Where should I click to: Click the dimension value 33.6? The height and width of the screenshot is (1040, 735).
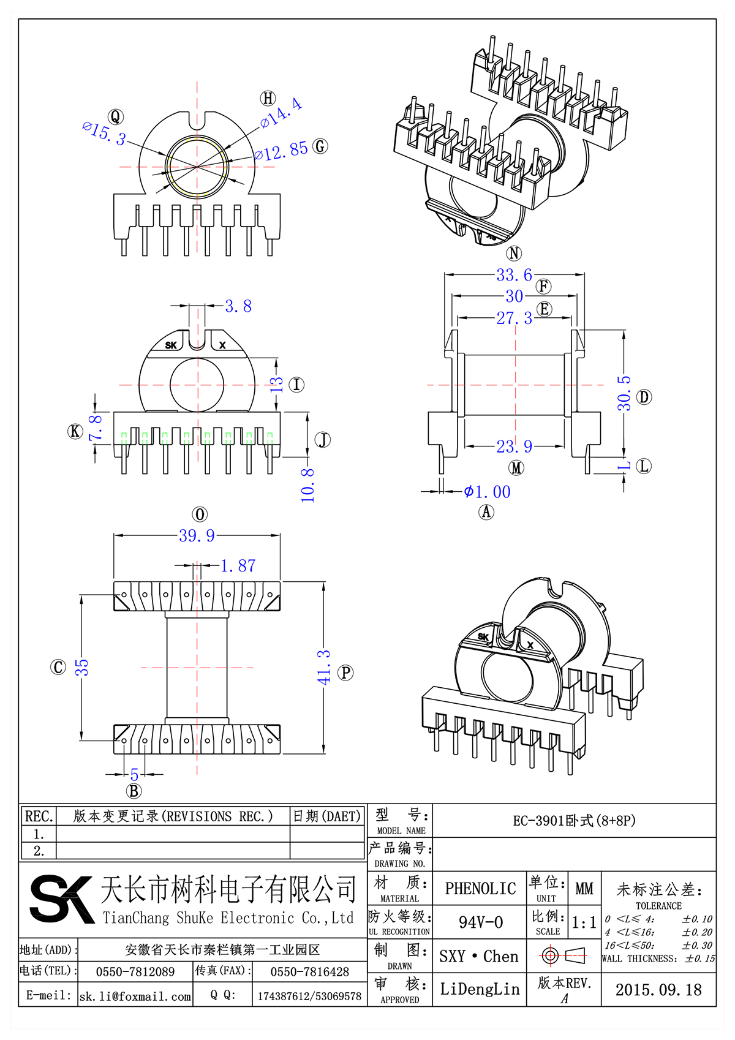514,275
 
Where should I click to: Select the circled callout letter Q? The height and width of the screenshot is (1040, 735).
116,117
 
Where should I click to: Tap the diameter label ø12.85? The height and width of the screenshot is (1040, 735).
281,151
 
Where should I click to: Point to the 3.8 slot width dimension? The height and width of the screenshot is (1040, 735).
238,306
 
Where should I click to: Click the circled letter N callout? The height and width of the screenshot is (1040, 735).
514,253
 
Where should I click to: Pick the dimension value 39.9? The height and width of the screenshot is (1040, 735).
197,536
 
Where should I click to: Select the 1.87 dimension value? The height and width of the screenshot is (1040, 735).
238,566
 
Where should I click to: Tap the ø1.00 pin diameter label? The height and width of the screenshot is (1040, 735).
487,492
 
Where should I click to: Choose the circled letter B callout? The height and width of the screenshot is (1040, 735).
134,791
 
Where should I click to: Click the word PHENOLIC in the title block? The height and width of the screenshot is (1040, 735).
480,889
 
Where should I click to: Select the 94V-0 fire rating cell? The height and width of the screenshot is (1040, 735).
480,922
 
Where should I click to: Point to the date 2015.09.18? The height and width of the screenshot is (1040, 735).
658,990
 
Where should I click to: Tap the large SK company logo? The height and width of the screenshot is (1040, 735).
61,899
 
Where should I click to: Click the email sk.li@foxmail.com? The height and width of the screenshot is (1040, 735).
135,996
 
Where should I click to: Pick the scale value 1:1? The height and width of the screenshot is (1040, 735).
584,922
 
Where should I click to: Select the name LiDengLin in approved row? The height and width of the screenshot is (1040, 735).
480,989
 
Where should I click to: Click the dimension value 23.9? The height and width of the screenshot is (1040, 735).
514,447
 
